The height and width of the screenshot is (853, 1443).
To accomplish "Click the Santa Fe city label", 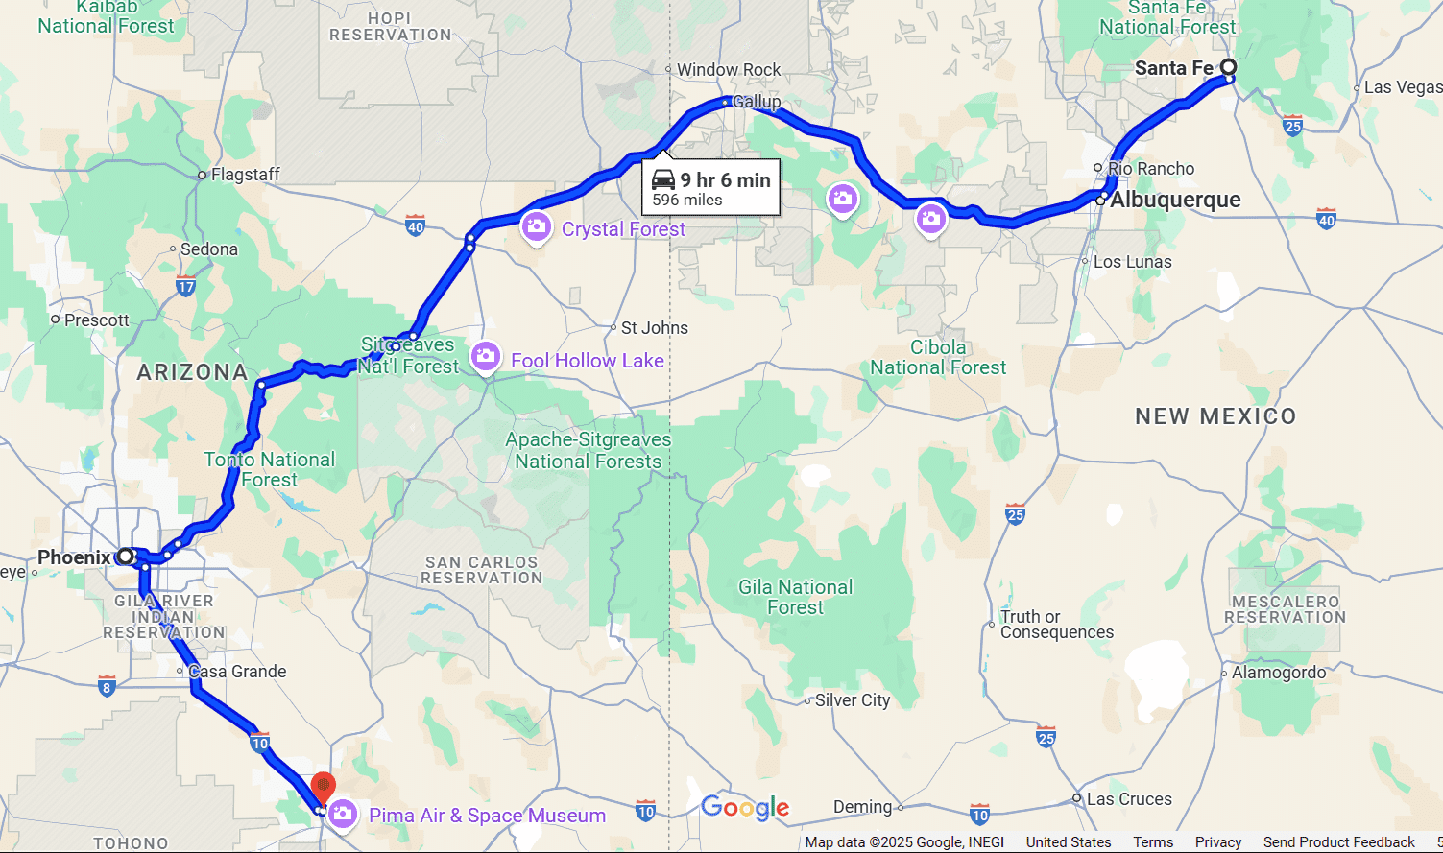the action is (x=1173, y=68).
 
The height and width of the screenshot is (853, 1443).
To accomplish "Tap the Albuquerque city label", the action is (x=1175, y=200).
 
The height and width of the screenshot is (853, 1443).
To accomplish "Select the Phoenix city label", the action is (x=74, y=557).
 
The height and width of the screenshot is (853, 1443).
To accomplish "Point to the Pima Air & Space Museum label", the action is (x=487, y=816).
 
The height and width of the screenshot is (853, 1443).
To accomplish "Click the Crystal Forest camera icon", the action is (x=536, y=227).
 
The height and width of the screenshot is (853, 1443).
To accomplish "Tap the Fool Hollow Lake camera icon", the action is (x=486, y=358).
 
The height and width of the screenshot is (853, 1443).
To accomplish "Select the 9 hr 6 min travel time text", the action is (x=725, y=180).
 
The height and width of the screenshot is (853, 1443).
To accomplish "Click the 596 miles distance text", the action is (x=687, y=200).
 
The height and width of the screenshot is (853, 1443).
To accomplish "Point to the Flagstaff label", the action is (x=245, y=175).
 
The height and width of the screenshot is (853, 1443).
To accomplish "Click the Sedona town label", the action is (x=208, y=249).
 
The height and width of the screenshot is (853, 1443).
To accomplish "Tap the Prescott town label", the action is (x=96, y=320).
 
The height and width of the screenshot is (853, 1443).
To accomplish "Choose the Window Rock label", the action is (x=729, y=70).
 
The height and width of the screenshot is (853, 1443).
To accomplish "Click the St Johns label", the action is (x=654, y=328).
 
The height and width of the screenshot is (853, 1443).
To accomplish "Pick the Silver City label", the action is (x=852, y=700).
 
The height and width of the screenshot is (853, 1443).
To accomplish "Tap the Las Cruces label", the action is (x=1128, y=799).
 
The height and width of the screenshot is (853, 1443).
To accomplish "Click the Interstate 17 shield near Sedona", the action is (x=186, y=285).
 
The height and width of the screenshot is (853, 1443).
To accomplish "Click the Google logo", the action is (x=745, y=808).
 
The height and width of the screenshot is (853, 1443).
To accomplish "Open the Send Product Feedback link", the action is (x=1338, y=842).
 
